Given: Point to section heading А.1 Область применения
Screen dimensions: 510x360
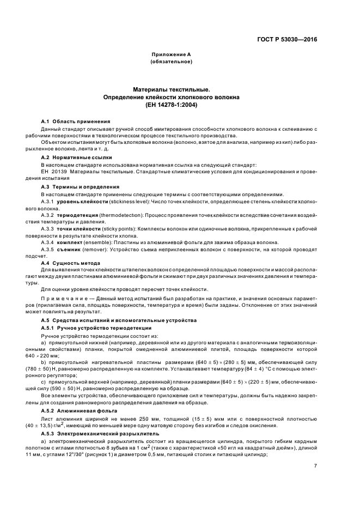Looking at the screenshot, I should (76, 121).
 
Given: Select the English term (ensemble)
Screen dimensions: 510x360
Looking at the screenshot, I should (100, 243).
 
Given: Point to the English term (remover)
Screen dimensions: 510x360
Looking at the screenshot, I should (96, 250).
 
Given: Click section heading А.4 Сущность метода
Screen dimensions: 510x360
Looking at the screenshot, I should (72, 263).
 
